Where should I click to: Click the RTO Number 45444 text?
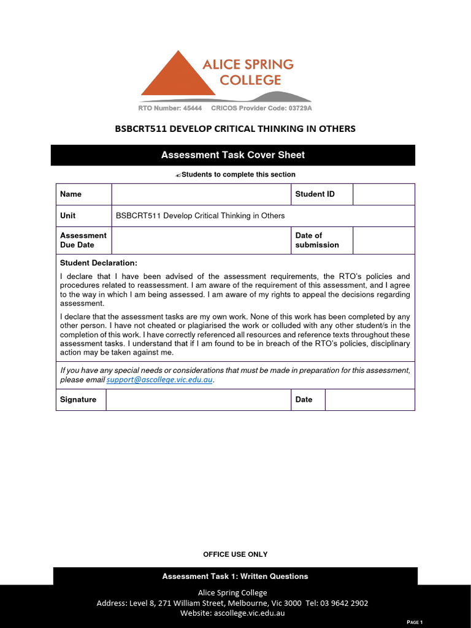(x=170, y=108)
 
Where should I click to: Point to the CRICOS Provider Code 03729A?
(x=261, y=108)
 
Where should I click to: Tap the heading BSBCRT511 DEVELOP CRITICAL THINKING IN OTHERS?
(x=235, y=129)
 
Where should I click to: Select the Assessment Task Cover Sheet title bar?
(x=232, y=155)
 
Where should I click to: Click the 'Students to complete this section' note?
(x=235, y=175)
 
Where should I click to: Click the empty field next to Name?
(x=201, y=194)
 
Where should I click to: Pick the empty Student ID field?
(x=383, y=194)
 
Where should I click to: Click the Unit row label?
(x=68, y=216)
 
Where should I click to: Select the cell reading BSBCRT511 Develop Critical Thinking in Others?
(x=201, y=216)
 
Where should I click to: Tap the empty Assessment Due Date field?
(x=201, y=240)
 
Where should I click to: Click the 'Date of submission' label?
(x=317, y=240)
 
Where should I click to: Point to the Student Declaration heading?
(x=99, y=263)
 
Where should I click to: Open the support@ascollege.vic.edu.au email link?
(x=159, y=380)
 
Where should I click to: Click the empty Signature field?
(x=198, y=400)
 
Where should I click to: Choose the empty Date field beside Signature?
(x=369, y=400)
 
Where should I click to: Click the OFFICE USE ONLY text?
(x=235, y=554)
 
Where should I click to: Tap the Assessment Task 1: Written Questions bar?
(x=235, y=576)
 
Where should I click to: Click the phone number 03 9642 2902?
(x=345, y=603)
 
